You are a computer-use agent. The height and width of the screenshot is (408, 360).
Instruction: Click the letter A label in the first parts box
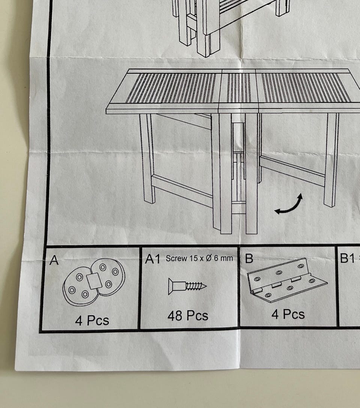54,260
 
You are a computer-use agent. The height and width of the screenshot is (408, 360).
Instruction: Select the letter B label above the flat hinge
249,258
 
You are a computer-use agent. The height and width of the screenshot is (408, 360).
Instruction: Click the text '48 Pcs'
187,316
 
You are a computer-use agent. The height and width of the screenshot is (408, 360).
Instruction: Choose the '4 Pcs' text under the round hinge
92,320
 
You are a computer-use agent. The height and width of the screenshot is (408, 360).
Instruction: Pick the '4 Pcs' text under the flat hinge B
288,314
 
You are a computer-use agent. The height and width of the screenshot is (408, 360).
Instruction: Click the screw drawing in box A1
187,286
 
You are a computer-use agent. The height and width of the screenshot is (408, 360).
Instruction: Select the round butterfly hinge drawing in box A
94,282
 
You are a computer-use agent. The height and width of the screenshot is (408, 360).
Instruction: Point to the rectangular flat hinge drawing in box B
287,280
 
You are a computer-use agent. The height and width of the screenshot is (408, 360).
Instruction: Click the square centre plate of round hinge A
94,281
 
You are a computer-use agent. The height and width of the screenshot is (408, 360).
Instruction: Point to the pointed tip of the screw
206,286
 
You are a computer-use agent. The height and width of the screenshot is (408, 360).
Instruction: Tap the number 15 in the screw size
193,258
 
